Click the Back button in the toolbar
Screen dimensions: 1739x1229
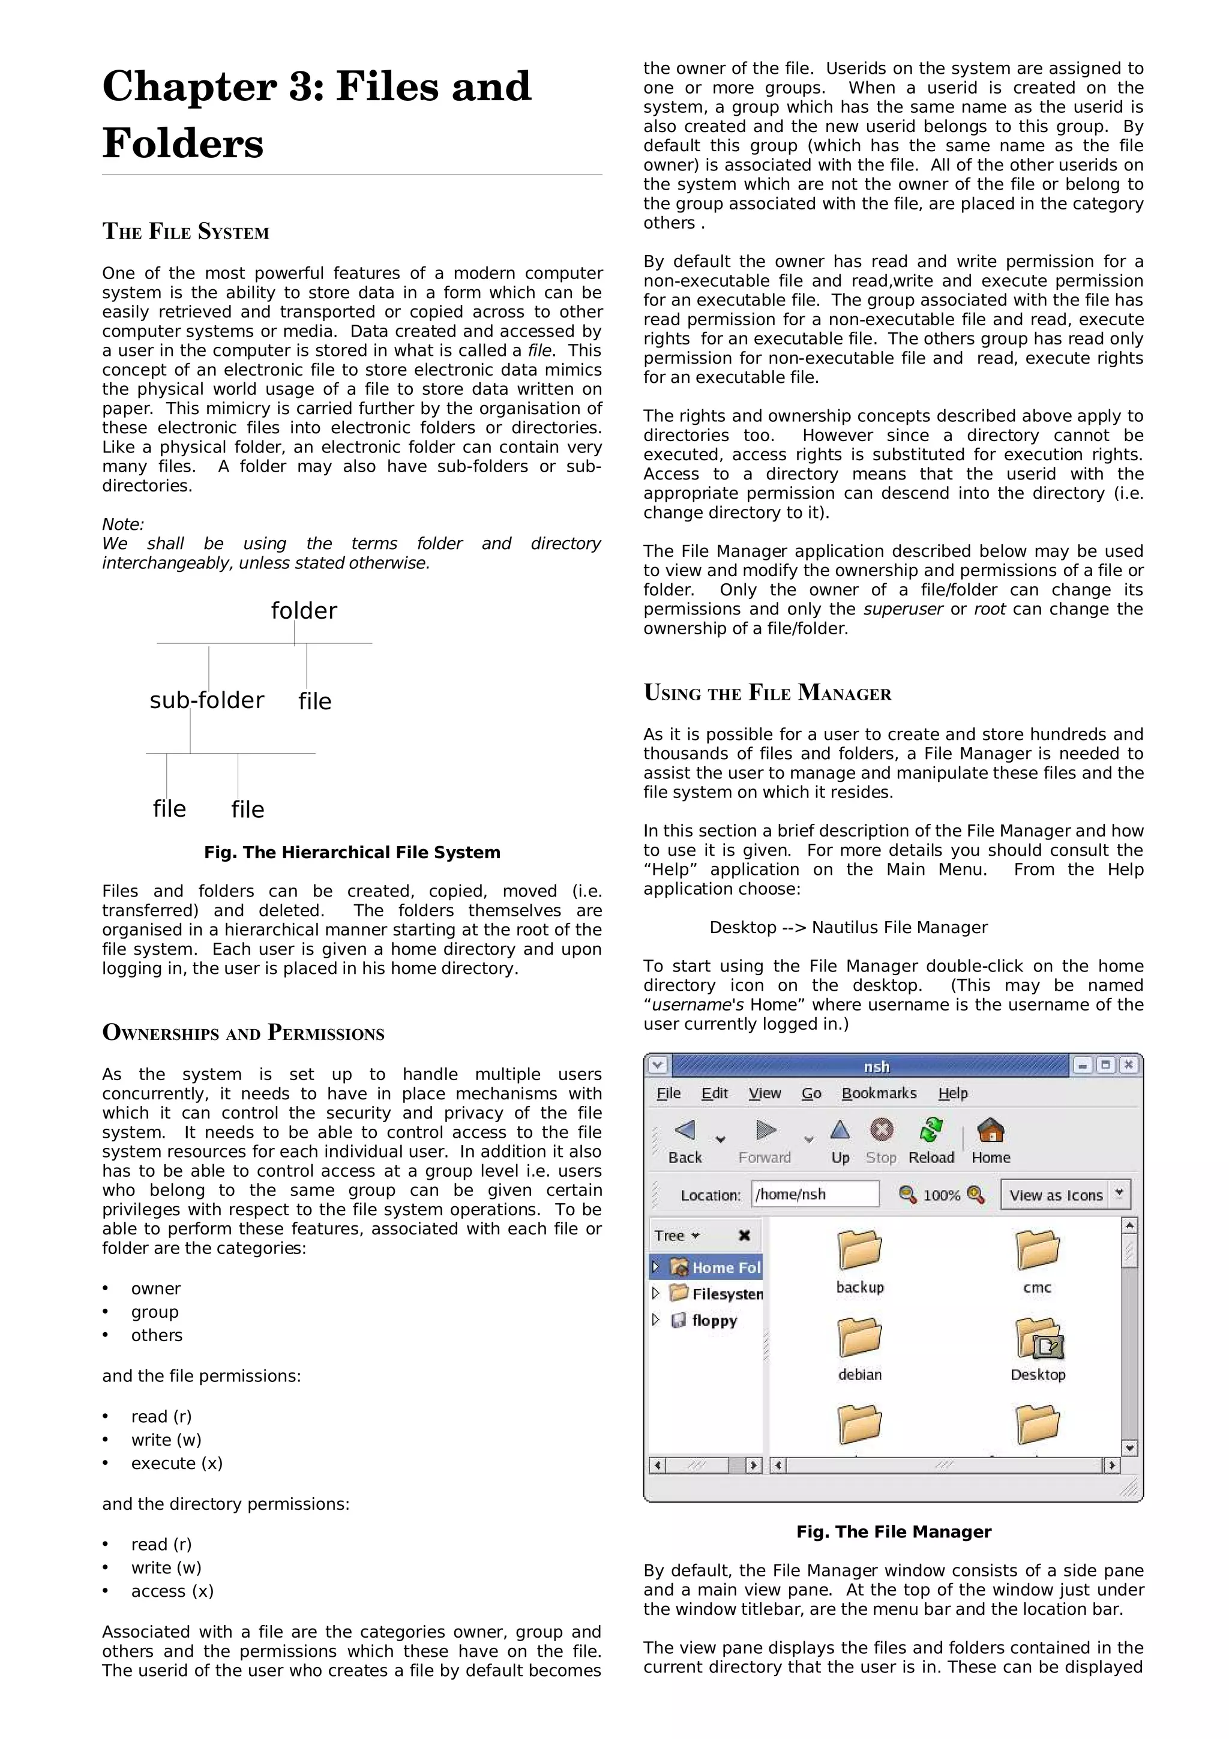click(685, 1141)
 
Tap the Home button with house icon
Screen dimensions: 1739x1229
click(991, 1141)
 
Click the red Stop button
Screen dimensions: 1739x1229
click(881, 1141)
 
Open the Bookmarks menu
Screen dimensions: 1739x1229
click(879, 1093)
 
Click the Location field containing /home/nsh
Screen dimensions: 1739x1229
click(815, 1194)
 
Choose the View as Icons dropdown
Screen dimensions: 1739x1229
click(1065, 1194)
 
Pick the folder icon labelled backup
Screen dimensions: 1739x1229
click(859, 1251)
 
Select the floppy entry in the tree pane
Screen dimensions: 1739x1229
click(714, 1320)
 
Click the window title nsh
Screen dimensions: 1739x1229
click(876, 1066)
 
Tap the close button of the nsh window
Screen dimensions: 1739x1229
click(1128, 1065)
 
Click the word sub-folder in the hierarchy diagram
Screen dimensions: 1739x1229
click(206, 700)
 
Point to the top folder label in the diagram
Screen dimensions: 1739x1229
click(304, 610)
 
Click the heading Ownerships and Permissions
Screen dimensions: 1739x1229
click(243, 1033)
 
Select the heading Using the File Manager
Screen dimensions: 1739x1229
click(767, 693)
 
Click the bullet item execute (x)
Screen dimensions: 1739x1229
click(176, 1464)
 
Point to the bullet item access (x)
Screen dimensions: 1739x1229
click(172, 1591)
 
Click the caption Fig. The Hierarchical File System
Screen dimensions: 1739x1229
click(352, 852)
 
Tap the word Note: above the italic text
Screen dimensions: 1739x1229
click(122, 524)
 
